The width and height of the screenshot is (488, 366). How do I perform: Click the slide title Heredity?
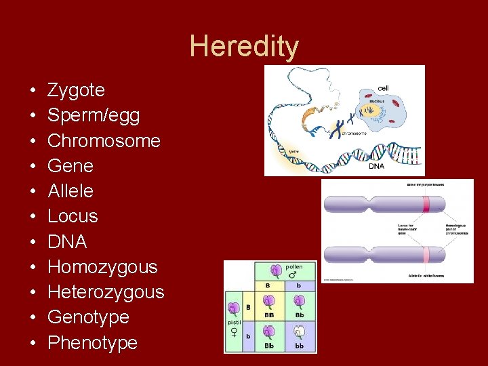[x=244, y=47]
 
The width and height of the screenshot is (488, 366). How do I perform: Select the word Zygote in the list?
[x=76, y=90]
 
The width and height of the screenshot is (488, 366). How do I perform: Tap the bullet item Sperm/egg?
[x=94, y=115]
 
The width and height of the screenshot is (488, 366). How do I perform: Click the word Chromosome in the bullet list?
[x=104, y=141]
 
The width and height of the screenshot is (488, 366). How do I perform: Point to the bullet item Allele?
[x=70, y=191]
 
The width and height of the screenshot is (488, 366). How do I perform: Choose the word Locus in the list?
[x=73, y=216]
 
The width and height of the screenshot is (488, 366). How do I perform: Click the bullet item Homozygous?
[x=102, y=267]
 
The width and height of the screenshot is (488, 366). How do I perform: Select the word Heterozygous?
[x=106, y=292]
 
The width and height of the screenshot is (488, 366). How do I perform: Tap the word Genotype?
[x=88, y=317]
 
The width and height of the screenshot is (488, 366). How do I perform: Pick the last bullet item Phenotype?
[x=92, y=342]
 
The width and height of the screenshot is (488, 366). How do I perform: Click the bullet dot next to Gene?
[x=33, y=167]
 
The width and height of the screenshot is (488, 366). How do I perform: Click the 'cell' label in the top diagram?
[x=383, y=88]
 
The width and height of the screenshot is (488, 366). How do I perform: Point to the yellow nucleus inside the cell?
[x=372, y=110]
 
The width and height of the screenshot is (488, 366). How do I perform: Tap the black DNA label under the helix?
[x=376, y=166]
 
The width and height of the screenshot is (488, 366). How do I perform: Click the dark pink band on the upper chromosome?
[x=426, y=205]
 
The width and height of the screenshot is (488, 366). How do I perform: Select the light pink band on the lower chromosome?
[x=426, y=255]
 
